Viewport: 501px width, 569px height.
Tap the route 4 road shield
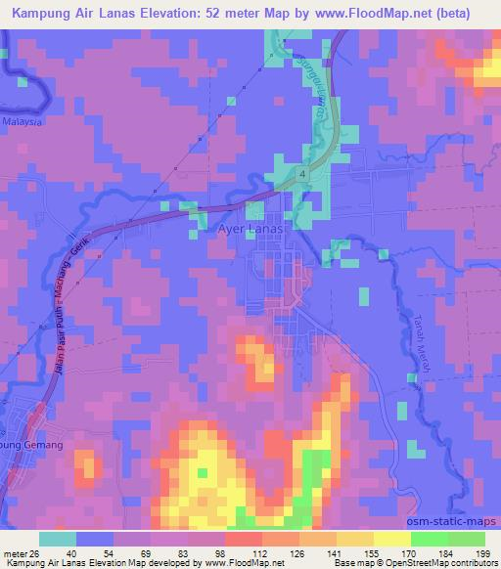pyautogui.click(x=304, y=173)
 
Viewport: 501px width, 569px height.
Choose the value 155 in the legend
pyautogui.click(x=376, y=552)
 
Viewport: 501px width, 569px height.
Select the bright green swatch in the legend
pyautogui.click(x=429, y=539)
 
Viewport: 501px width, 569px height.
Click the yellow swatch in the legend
pyautogui.click(x=391, y=539)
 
